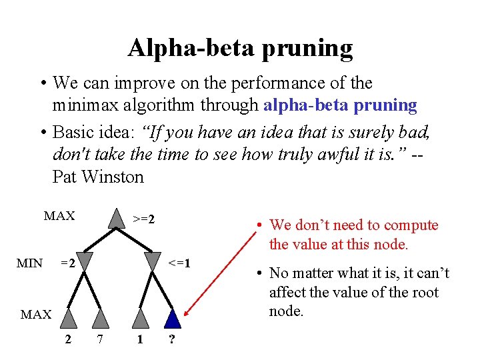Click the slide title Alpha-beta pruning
(x=240, y=48)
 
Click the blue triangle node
(x=173, y=318)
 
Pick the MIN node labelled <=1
(x=153, y=261)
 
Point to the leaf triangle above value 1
(x=140, y=318)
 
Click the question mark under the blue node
(x=172, y=340)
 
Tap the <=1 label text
(x=179, y=263)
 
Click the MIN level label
(x=29, y=263)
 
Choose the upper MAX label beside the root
(x=59, y=216)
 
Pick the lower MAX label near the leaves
(x=36, y=314)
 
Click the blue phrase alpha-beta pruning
(x=341, y=105)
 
